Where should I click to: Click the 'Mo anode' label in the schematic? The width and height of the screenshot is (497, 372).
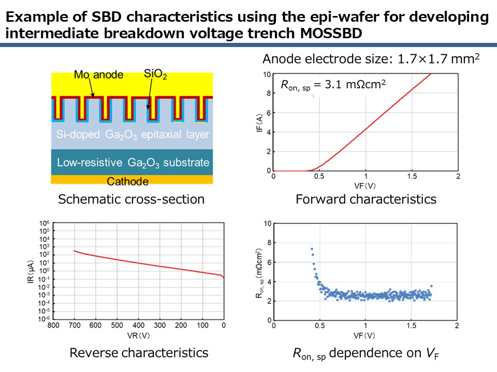[x=98, y=75]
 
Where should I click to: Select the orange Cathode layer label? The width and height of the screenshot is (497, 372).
[x=127, y=181]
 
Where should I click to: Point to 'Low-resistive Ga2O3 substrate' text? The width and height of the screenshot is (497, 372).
[x=133, y=163]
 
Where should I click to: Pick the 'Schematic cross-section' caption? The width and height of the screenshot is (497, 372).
[x=131, y=199]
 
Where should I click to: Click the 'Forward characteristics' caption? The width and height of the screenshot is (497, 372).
[x=366, y=199]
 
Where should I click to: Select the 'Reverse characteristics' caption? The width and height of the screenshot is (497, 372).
[x=139, y=353]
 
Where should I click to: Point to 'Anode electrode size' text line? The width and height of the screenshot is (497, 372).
[x=371, y=59]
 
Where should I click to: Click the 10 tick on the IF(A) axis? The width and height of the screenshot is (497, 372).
[x=267, y=74]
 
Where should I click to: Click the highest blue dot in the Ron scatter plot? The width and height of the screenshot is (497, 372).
[x=312, y=249]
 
